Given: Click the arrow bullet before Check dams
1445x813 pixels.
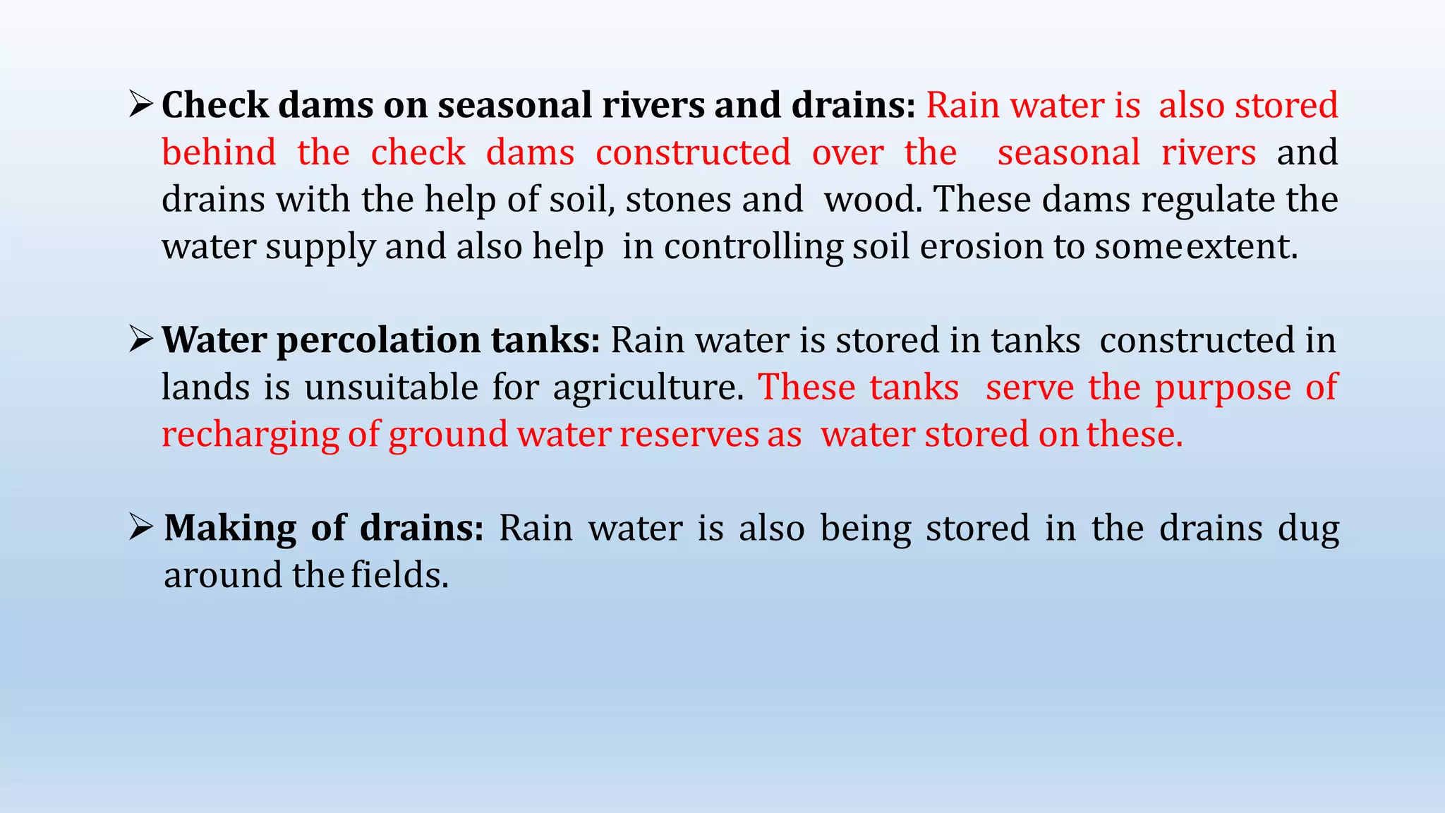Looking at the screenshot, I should tap(141, 106).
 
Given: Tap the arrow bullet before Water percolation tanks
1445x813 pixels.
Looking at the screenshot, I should tap(141, 340).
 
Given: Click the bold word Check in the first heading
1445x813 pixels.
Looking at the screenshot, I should tap(215, 106).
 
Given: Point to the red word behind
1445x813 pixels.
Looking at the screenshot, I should tap(219, 153).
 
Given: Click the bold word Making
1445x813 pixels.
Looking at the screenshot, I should tap(230, 529).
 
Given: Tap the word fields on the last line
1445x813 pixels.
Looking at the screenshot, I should tap(399, 575).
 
